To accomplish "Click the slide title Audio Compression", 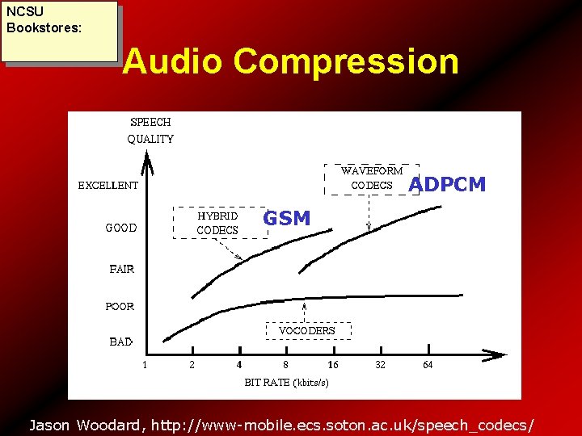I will (290, 62).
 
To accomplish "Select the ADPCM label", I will (447, 185).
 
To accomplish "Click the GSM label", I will (287, 218).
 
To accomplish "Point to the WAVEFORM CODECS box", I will (371, 179).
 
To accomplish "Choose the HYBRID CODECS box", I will (221, 223).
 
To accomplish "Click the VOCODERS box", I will (306, 331).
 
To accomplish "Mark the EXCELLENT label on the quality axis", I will (108, 186).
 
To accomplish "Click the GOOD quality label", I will (121, 228).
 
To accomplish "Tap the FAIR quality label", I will (122, 269).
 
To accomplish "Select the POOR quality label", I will (120, 307).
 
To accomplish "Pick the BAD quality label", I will (120, 342).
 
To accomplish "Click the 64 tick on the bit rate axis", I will (428, 365).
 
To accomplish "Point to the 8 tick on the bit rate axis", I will (285, 365).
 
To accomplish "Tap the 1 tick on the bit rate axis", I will (145, 365).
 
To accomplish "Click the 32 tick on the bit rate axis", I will (380, 365).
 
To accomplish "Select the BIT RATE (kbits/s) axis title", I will (286, 383).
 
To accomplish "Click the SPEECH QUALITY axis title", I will (150, 131).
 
